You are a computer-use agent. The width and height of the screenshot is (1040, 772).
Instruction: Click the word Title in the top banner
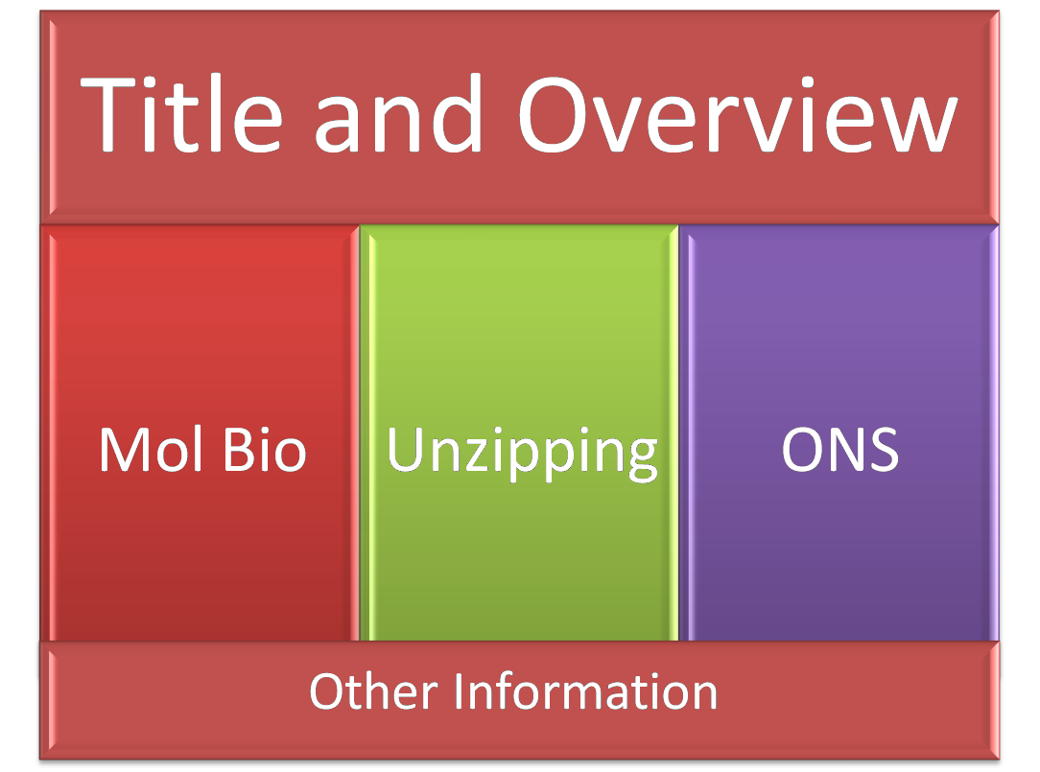pyautogui.click(x=181, y=114)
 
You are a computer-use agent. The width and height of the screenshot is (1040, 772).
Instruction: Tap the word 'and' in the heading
pyautogui.click(x=398, y=114)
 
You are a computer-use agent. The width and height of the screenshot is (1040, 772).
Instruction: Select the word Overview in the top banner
pyautogui.click(x=738, y=114)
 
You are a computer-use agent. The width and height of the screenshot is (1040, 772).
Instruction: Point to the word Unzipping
pyautogui.click(x=522, y=453)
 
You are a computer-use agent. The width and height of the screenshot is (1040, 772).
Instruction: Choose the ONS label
pyautogui.click(x=840, y=449)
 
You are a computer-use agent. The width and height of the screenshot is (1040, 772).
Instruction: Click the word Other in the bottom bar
pyautogui.click(x=373, y=690)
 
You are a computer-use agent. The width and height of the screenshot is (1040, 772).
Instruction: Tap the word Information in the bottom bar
pyautogui.click(x=587, y=690)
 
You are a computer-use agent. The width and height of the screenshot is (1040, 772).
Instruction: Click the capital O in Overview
pyautogui.click(x=553, y=114)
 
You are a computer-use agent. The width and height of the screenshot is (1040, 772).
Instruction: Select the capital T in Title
pyautogui.click(x=107, y=114)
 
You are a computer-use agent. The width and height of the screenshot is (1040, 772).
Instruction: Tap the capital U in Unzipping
pyautogui.click(x=405, y=449)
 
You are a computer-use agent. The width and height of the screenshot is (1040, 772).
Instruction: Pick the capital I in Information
pyautogui.click(x=461, y=690)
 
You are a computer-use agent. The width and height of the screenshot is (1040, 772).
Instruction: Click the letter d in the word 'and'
pyautogui.click(x=457, y=114)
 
